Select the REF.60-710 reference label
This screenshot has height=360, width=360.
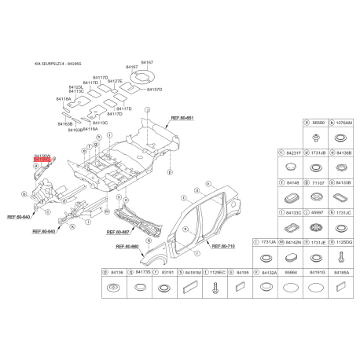pos(224,246)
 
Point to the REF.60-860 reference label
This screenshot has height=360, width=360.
pos(127,247)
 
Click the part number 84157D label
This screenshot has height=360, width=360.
pos(154,90)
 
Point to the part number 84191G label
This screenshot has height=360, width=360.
pos(318,271)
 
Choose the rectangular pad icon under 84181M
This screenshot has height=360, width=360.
pos(167,288)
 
